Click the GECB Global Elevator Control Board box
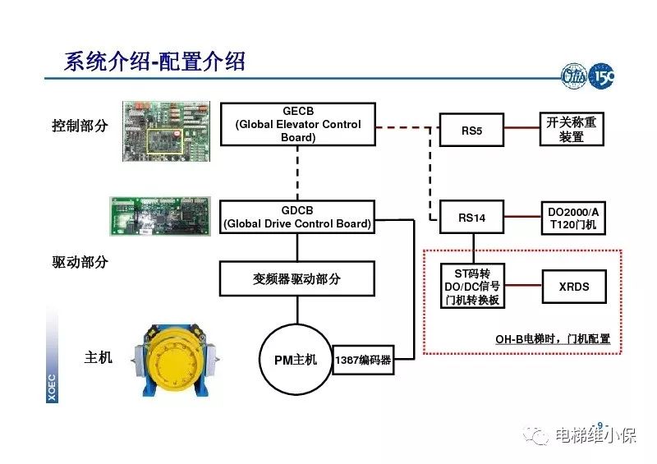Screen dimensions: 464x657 pos(298,124)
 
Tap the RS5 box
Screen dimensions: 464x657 pos(471,130)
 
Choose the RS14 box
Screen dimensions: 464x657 pos(471,218)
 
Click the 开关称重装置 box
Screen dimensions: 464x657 pos(571,130)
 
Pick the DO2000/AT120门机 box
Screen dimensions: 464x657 pos(572,218)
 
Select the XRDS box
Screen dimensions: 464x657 pos(573,287)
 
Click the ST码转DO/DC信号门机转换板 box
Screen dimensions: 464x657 pos(471,287)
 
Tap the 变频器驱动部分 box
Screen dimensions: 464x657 pos(296,278)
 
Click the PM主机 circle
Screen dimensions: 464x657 pos(294,359)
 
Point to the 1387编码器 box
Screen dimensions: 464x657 pos(363,359)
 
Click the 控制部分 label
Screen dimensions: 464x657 pos(80,126)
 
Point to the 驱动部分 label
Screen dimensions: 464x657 pos(80,263)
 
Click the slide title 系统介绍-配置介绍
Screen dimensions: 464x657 pos(154,61)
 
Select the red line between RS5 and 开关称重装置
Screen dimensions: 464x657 pos(521,130)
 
